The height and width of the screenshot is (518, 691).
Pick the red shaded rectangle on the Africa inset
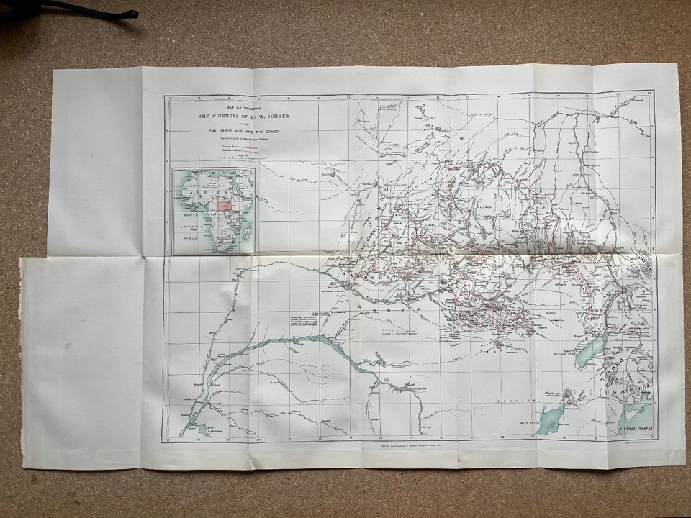click(x=224, y=205)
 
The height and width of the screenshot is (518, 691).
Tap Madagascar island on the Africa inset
click(x=247, y=231)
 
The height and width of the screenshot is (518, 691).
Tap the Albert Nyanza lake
click(x=591, y=352)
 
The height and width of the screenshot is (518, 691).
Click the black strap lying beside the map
click(x=86, y=9)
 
